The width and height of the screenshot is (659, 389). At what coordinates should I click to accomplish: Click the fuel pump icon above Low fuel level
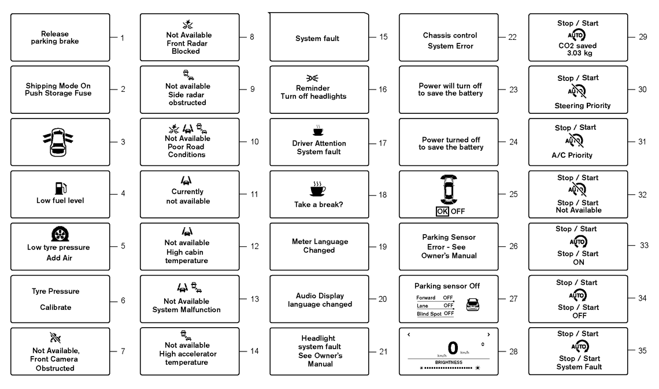tap(61, 188)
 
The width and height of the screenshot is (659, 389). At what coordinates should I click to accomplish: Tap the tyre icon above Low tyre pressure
tap(60, 234)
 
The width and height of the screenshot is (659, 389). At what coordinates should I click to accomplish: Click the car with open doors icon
tap(58, 142)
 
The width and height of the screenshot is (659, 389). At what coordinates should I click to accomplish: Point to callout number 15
tap(383, 37)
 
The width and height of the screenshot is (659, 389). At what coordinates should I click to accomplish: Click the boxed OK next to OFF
tap(442, 212)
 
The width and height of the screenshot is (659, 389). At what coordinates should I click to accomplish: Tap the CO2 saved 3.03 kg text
tap(577, 49)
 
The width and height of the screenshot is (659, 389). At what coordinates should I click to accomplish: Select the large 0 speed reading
tap(453, 348)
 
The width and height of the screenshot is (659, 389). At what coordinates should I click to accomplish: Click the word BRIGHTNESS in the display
tap(449, 362)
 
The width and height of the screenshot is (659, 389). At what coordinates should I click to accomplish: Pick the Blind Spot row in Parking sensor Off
tap(435, 314)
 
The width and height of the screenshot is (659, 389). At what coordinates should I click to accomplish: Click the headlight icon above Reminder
tap(312, 78)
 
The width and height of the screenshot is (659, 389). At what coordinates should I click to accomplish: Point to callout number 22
tap(512, 37)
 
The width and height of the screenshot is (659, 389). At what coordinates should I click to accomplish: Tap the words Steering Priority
tap(583, 106)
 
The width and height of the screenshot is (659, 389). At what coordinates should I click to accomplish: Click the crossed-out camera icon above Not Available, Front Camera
tap(55, 338)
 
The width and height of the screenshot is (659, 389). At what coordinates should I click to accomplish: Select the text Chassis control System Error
tap(450, 40)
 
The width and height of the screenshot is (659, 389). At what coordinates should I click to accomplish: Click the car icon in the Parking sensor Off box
tap(473, 305)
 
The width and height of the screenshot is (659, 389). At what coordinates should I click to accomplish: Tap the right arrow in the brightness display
tap(488, 335)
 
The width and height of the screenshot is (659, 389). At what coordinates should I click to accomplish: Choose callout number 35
tap(642, 351)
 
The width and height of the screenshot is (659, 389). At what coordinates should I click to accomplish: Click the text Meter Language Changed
tap(320, 246)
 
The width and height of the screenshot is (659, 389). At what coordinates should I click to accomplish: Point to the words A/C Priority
tap(572, 155)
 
